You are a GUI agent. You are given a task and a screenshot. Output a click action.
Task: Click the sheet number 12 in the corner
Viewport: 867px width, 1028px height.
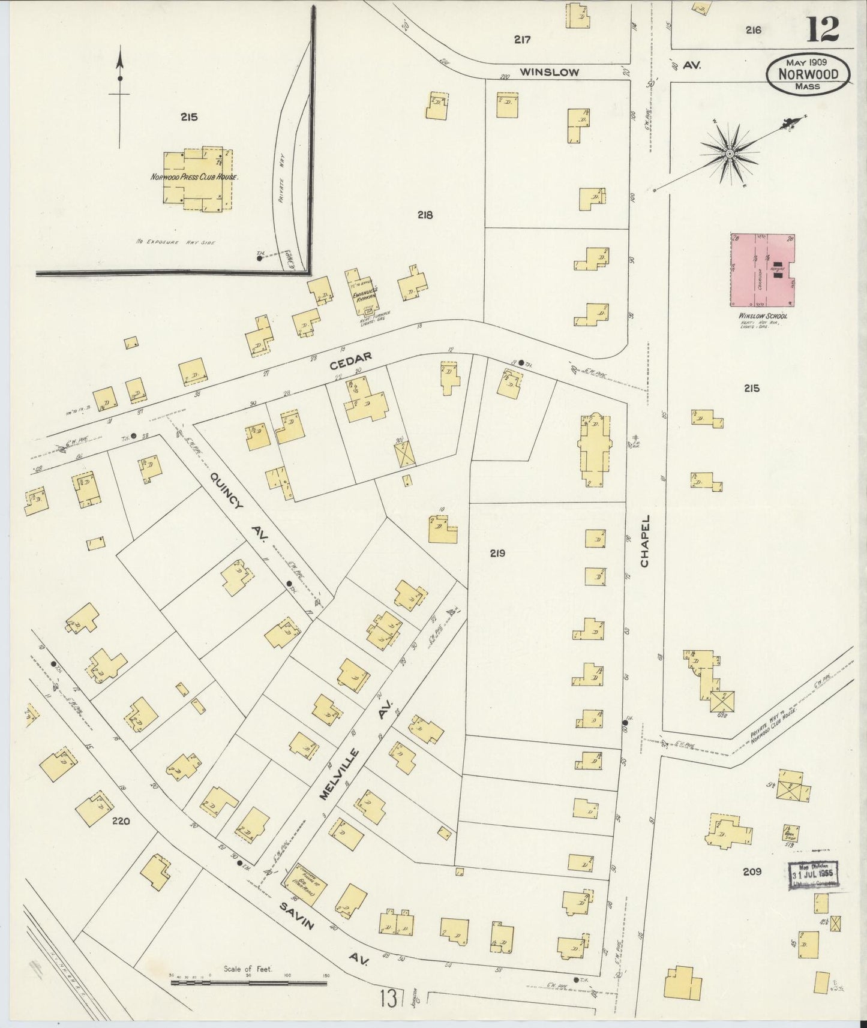pos(822,29)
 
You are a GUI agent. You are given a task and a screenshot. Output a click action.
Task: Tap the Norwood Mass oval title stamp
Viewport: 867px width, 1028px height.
pos(808,74)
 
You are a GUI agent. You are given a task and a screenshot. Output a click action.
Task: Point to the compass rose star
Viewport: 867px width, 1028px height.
pos(730,154)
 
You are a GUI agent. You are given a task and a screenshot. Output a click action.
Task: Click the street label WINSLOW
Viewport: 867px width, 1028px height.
pos(549,72)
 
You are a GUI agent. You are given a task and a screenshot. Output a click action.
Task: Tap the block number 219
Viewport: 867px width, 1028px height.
pos(496,554)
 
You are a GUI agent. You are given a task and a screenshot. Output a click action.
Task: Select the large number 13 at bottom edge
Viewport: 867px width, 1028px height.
pos(388,999)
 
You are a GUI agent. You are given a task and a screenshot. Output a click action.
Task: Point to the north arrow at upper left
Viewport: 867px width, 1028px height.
pos(120,96)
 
